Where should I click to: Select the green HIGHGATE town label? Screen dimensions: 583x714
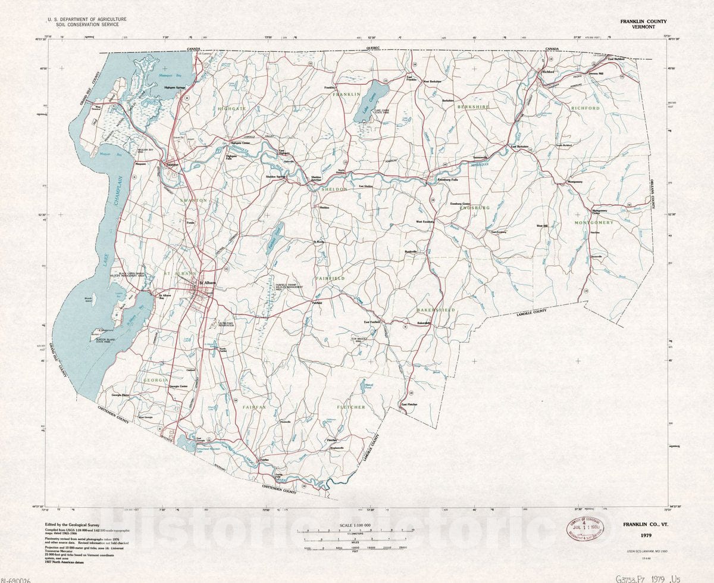pos(232,110)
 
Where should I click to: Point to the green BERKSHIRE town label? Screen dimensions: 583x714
pos(473,107)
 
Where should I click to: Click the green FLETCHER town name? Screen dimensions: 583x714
pos(351,407)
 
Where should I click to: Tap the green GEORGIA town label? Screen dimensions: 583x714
pos(156,379)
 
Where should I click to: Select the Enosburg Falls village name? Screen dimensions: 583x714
pos(447,179)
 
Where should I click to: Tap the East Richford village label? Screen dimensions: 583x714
pos(615,58)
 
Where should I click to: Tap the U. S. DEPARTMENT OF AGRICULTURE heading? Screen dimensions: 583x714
pos(87,20)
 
